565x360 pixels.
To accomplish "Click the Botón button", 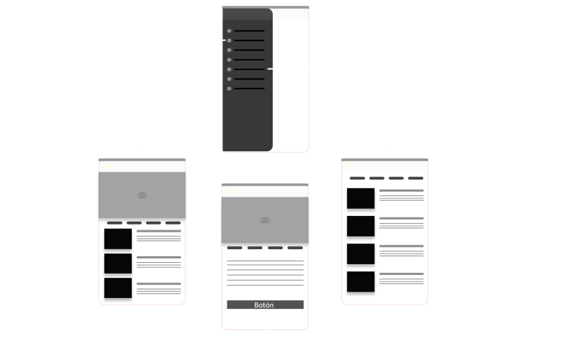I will pyautogui.click(x=265, y=305).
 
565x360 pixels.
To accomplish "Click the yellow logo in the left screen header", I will pyautogui.click(x=107, y=167).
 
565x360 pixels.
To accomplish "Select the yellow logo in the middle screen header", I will pyautogui.click(x=230, y=192).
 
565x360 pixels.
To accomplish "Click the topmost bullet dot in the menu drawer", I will pyautogui.click(x=230, y=31).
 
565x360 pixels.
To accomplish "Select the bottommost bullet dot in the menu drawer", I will pyautogui.click(x=230, y=89).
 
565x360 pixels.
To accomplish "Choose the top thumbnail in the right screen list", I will pyautogui.click(x=361, y=198).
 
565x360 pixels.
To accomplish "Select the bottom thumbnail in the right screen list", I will pyautogui.click(x=361, y=282).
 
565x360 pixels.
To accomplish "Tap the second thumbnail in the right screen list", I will pyautogui.click(x=361, y=226).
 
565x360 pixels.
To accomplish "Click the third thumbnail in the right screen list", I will pyautogui.click(x=361, y=254).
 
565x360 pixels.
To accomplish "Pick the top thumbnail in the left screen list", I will pyautogui.click(x=118, y=238).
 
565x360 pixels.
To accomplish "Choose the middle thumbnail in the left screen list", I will pyautogui.click(x=118, y=264).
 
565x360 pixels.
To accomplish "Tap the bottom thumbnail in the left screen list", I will pyautogui.click(x=118, y=288).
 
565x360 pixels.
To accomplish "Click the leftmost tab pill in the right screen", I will pyautogui.click(x=357, y=178).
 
